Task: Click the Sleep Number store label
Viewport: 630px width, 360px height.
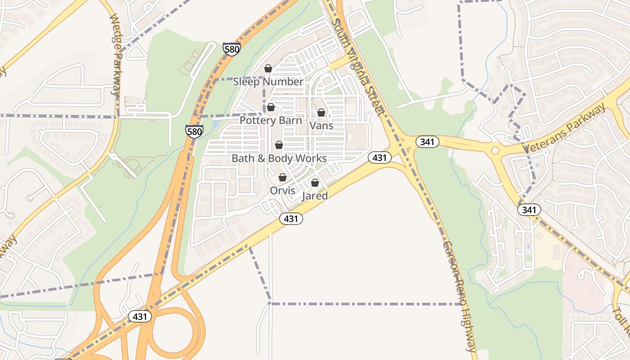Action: tap(268, 82)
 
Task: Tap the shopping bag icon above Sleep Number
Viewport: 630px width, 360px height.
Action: tap(268, 68)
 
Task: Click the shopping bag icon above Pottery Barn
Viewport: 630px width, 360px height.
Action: tap(271, 107)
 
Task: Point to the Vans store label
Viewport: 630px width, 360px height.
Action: tap(321, 126)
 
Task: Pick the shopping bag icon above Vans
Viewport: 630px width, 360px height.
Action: tap(321, 112)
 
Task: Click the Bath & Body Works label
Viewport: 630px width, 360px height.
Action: tap(279, 158)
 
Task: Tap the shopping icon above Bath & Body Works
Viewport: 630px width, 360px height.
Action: tap(279, 145)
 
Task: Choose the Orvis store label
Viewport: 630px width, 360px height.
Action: tap(283, 190)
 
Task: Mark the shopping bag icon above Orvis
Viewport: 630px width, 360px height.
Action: tap(283, 177)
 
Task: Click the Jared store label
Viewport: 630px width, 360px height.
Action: tap(315, 196)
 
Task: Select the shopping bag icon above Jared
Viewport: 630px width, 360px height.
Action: tap(315, 183)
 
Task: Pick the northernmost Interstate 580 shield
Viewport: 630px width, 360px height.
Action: tap(231, 49)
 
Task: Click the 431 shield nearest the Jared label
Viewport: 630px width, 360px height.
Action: tap(291, 219)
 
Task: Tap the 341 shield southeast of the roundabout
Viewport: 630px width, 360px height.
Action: tap(529, 210)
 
